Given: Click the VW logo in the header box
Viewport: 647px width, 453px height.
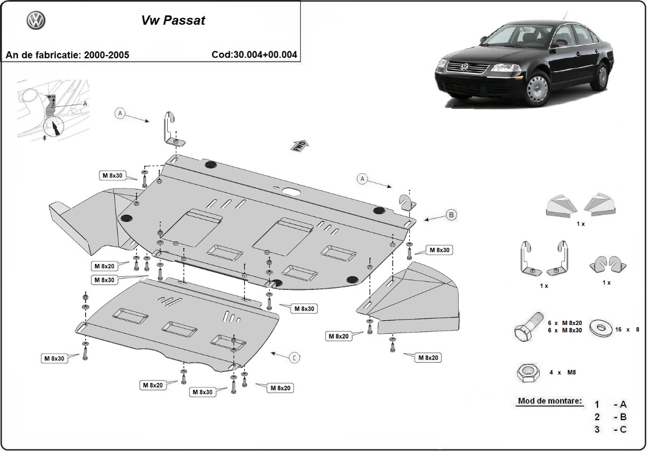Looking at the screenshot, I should (x=36, y=21).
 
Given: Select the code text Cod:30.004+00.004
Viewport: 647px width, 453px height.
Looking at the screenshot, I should (x=254, y=55).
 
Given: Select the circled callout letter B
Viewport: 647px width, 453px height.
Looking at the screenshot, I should (x=451, y=215).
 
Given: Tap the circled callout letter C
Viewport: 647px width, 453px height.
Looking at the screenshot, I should (x=294, y=357).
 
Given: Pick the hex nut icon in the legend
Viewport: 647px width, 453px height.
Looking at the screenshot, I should (x=527, y=373).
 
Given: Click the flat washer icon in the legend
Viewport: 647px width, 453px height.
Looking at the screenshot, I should (x=600, y=327).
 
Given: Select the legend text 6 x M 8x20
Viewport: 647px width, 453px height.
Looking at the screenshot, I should (x=565, y=322).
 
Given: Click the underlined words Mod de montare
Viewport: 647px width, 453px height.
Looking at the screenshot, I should (x=549, y=401).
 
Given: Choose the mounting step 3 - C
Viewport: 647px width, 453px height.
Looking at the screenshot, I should (x=610, y=429).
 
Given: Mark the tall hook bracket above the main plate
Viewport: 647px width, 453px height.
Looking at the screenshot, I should (x=172, y=130).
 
